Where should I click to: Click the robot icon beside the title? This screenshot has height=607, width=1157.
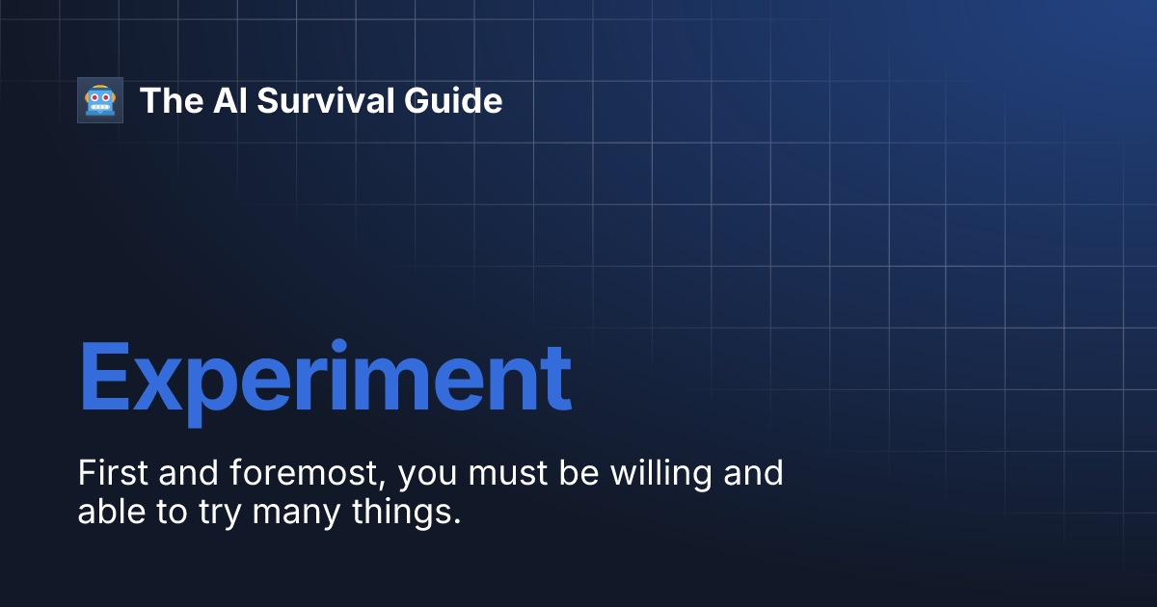point(100,100)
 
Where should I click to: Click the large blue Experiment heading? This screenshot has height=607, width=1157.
point(324,378)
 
